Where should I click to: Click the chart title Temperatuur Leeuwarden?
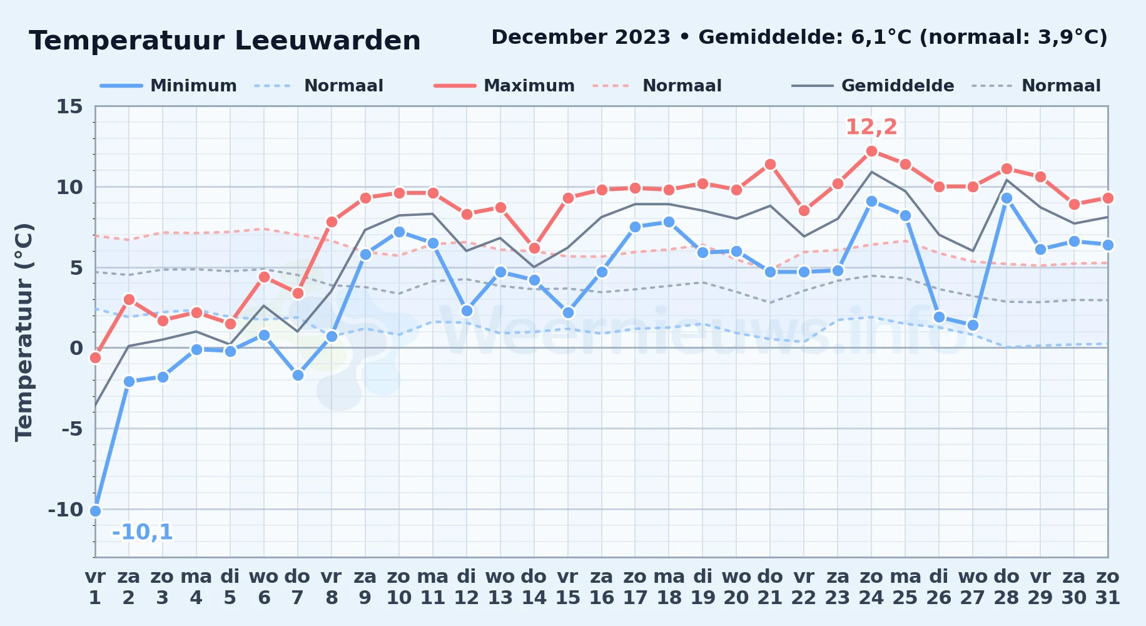point(225,41)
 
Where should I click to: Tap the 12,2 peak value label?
point(871,127)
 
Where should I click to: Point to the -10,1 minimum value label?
point(142,532)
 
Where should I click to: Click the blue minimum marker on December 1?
point(95,511)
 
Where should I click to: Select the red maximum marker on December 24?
point(871,151)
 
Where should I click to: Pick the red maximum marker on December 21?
point(770,164)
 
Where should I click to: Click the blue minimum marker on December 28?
point(1007,198)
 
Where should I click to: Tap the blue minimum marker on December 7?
point(298,375)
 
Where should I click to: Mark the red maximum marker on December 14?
point(534,248)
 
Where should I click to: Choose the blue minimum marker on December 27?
point(973,325)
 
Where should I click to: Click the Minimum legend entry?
point(169,86)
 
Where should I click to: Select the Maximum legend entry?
point(504,86)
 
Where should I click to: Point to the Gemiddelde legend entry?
point(873,86)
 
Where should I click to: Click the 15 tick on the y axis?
point(69,106)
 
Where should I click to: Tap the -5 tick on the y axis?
point(72,429)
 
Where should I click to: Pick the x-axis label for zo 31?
point(1107,587)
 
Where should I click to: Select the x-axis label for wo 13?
point(500,587)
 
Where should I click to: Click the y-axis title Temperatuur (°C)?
point(24,332)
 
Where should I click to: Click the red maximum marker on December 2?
point(129,299)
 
